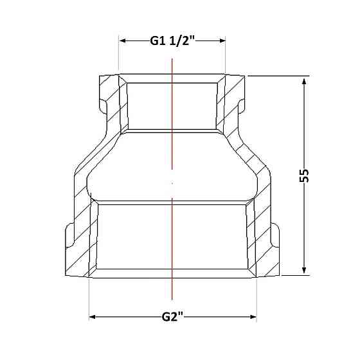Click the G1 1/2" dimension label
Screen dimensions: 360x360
[x=172, y=41]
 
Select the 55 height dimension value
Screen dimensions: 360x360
[x=304, y=175]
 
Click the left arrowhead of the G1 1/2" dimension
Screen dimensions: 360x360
[x=122, y=41]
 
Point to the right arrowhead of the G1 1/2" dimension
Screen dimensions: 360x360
[x=222, y=41]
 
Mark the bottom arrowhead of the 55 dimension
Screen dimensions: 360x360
[x=304, y=271]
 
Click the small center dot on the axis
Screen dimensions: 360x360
[x=172, y=183]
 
